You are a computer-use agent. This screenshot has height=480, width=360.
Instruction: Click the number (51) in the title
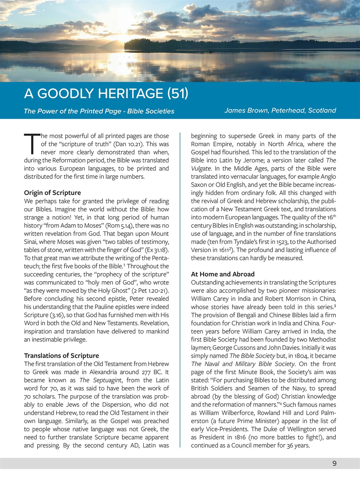(177, 93)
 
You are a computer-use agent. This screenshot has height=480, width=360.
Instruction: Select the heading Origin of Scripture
(52, 193)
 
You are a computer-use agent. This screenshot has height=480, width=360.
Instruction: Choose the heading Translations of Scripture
(61, 355)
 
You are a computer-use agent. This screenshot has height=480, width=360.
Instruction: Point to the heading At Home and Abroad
(223, 274)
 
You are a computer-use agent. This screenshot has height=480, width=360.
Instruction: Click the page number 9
(334, 463)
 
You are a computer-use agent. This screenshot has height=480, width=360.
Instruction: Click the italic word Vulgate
(201, 168)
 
